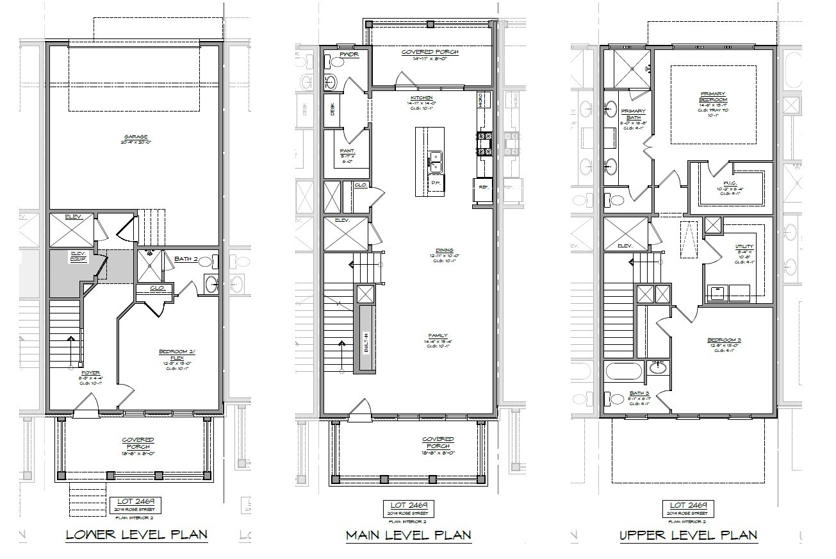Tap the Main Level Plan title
[x=409, y=535]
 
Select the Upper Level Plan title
[x=688, y=535]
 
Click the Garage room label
[x=136, y=137]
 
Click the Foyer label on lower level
[x=90, y=372]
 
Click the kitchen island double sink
[x=436, y=160]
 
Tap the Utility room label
[x=744, y=247]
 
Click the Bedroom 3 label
[x=722, y=340]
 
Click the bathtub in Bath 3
[x=624, y=372]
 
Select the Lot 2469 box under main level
[x=409, y=508]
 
